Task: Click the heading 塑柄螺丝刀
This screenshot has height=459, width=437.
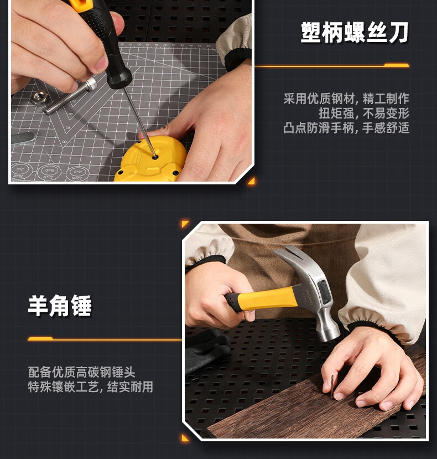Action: click(x=355, y=33)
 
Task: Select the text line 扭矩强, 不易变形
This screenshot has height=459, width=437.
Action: click(x=364, y=113)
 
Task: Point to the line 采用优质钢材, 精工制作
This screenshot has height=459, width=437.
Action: click(x=346, y=99)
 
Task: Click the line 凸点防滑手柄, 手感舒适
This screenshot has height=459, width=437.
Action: click(x=346, y=128)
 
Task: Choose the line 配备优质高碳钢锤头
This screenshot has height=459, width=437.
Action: click(x=82, y=372)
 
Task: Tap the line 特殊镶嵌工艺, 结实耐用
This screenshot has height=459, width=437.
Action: click(x=90, y=386)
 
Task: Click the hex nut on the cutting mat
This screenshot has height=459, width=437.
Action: click(x=39, y=97)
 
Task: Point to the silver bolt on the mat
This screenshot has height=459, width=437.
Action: click(x=70, y=95)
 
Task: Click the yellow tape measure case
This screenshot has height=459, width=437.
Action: click(x=150, y=160)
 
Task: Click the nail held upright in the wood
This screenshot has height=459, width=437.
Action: click(x=332, y=386)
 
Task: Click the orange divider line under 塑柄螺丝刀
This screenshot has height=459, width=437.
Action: click(x=332, y=65)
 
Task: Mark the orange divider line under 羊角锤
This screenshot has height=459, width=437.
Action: click(x=105, y=339)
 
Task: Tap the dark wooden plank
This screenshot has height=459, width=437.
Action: click(x=316, y=407)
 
